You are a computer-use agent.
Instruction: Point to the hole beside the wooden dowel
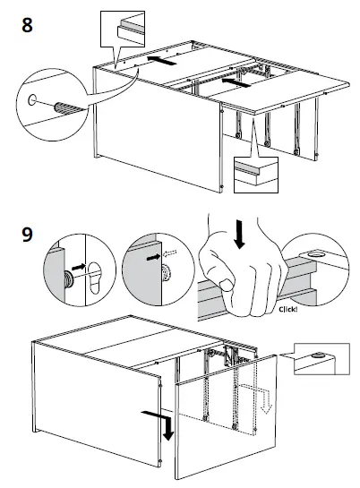[x=33, y=100]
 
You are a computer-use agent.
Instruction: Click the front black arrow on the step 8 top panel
[x=235, y=83]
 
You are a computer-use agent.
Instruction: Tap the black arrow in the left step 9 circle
[x=78, y=267]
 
